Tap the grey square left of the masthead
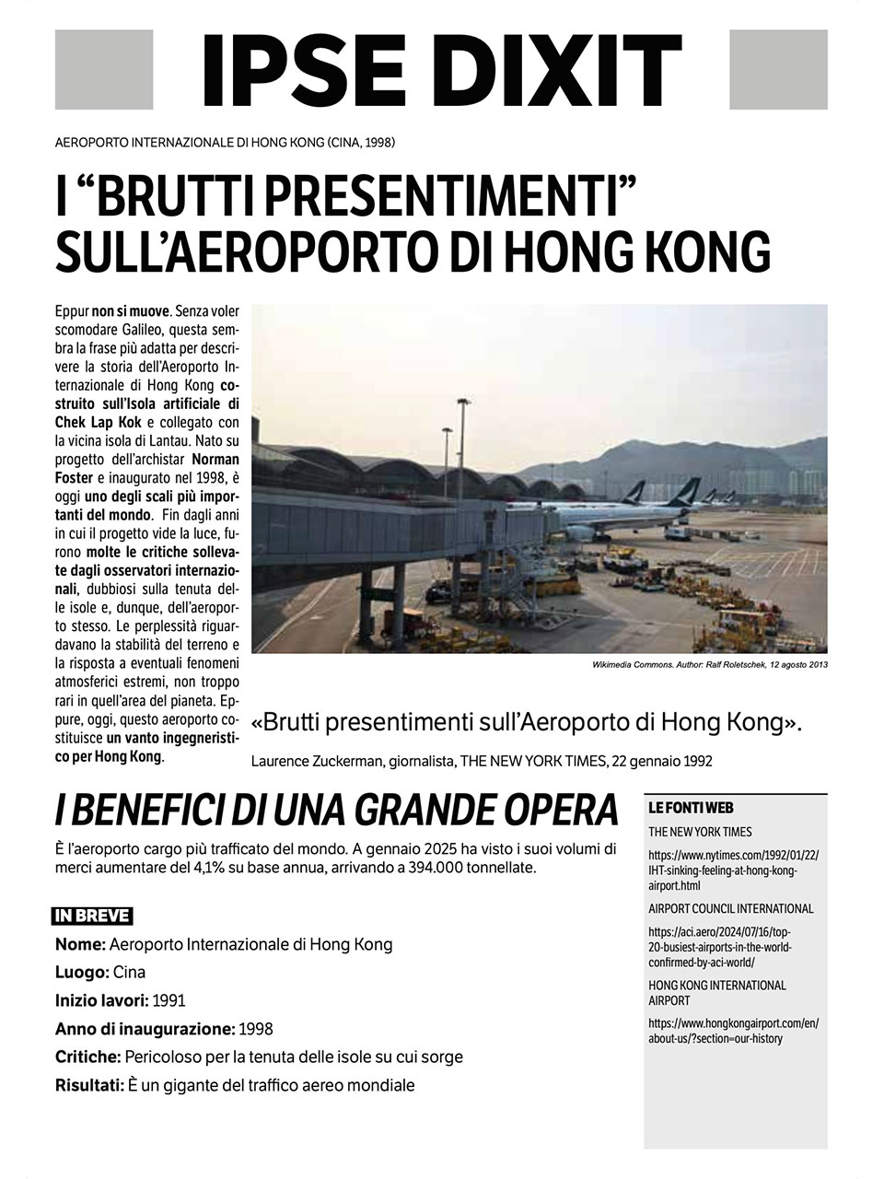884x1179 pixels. [x=104, y=69]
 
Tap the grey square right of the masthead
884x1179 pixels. [x=778, y=69]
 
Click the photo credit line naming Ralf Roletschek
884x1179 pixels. [x=710, y=664]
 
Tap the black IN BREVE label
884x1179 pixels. [x=92, y=916]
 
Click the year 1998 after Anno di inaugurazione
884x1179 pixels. [x=255, y=1029]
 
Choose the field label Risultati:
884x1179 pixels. [x=89, y=1085]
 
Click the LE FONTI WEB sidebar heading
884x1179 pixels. [x=691, y=808]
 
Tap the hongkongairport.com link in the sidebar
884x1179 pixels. [x=733, y=1031]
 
